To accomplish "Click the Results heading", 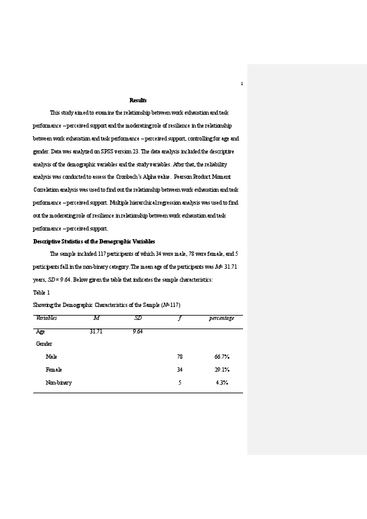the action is click(138, 100).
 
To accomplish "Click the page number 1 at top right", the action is click(242, 84).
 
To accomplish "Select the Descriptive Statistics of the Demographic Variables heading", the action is click(94, 242).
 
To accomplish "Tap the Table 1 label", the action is click(41, 293).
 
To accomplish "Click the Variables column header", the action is click(47, 318).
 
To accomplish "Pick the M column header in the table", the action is click(96, 318).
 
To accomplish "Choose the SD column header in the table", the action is click(138, 318).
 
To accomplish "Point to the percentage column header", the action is click(221, 318).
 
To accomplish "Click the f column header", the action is click(179, 318).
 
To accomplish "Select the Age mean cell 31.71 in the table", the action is click(96, 332).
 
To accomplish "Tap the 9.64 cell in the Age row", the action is click(138, 332).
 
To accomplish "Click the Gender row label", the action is click(44, 344).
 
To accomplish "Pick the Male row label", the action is click(51, 357).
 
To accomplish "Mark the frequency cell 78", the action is click(179, 357).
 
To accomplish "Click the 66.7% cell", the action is click(222, 357).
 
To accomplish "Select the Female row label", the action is click(54, 370).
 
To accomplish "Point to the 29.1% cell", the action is click(222, 370).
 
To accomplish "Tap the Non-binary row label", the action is click(59, 383).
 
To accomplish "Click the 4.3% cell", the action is click(222, 383).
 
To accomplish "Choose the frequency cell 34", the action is click(179, 370).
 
